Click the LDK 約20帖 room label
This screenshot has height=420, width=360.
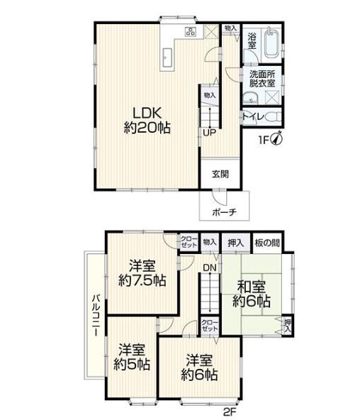(147, 121)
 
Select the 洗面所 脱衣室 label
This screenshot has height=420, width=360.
(262, 79)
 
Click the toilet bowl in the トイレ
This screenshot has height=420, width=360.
(274, 117)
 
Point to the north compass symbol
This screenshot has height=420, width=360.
(277, 138)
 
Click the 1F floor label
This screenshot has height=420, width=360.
(264, 140)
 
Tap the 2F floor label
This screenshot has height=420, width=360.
(230, 411)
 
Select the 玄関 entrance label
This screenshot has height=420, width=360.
(220, 174)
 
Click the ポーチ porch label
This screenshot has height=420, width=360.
(224, 212)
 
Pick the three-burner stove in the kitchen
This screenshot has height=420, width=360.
(191, 32)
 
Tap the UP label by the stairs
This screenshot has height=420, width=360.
(209, 133)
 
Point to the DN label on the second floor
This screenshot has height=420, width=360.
(210, 267)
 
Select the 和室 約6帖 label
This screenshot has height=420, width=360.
(252, 294)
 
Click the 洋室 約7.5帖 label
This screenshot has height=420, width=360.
(142, 273)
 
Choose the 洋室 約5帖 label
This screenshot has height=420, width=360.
(132, 357)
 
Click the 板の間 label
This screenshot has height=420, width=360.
(267, 243)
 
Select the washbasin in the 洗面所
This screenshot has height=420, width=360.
(251, 98)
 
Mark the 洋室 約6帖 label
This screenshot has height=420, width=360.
(199, 367)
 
